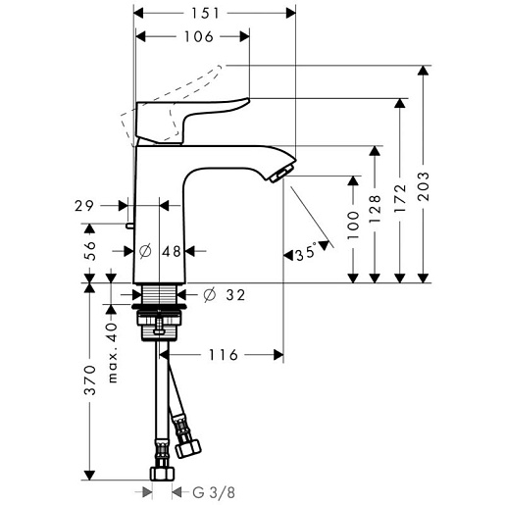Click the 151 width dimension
click(x=205, y=14)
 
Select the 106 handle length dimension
click(x=199, y=36)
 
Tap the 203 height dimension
click(x=424, y=186)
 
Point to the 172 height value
click(x=400, y=199)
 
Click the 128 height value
click(x=375, y=209)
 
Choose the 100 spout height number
click(x=353, y=226)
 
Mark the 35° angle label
click(x=306, y=253)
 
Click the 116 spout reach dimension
click(x=224, y=355)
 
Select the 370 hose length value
click(x=90, y=380)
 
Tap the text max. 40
click(x=112, y=353)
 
